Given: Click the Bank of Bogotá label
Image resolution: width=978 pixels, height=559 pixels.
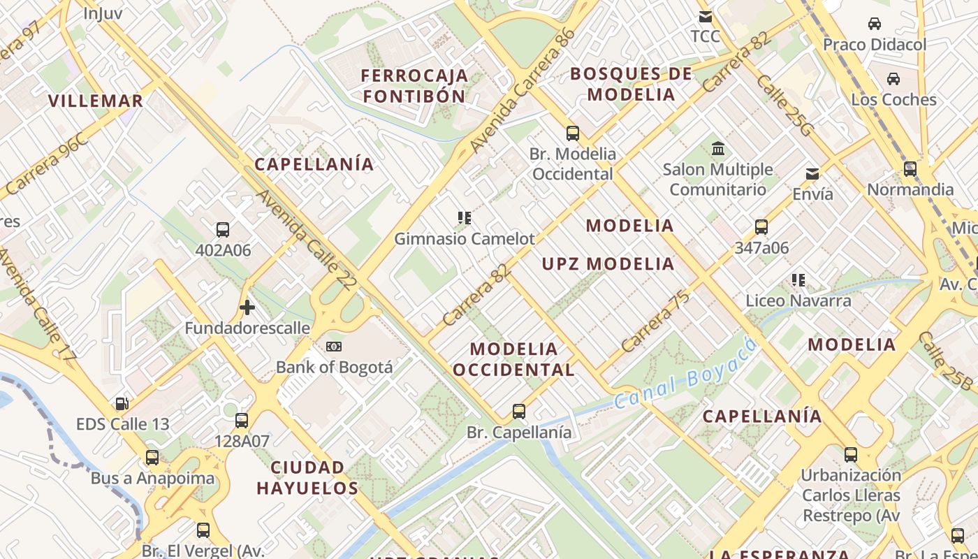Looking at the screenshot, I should tap(334, 367).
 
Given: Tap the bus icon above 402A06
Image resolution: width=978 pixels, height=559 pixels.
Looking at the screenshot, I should tap(223, 230).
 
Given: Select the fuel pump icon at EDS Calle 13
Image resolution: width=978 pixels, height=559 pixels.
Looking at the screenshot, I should tap(122, 404).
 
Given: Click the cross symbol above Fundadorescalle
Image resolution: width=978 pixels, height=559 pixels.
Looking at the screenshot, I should tap(247, 307).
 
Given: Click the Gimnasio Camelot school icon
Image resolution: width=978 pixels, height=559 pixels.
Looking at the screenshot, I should tap(465, 218).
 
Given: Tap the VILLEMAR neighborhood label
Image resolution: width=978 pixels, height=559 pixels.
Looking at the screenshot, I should tap(96, 101).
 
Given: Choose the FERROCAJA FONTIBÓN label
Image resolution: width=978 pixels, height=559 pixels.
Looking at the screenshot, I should tap(415, 85).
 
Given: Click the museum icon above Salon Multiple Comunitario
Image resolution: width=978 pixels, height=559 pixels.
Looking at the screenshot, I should tap(717, 149).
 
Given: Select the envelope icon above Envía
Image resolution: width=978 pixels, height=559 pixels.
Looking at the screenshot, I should tap(812, 173).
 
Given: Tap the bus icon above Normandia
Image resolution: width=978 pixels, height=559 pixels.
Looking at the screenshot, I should tap(910, 168).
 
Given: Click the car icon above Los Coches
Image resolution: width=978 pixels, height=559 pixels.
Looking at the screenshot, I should tap(893, 78).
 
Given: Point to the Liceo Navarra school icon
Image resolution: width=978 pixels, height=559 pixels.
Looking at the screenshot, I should tap(798, 280).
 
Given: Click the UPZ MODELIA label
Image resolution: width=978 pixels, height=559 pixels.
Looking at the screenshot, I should tap(608, 264).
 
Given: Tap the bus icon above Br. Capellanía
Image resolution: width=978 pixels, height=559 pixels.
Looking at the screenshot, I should tap(518, 412).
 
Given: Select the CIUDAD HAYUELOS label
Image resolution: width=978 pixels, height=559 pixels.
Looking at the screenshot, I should tap(307, 477).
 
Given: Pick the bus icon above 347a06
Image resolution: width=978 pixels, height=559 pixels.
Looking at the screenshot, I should tap(761, 227).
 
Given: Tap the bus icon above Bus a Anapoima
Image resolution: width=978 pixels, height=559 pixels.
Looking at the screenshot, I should tap(152, 458).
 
